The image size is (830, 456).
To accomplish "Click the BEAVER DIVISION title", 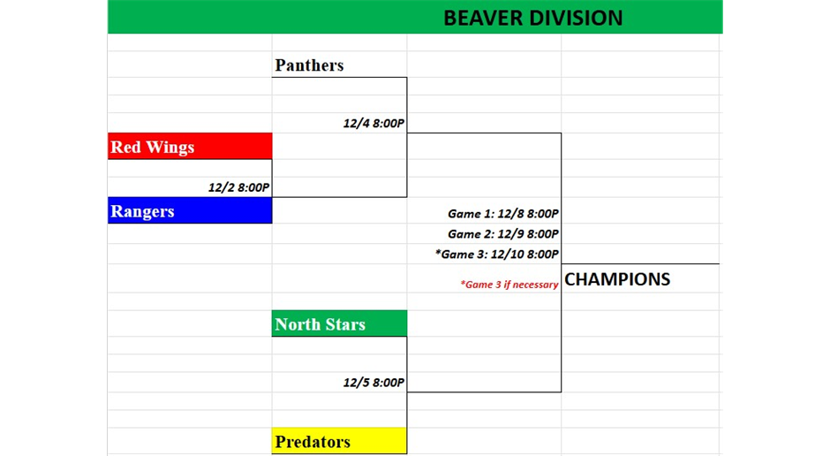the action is pyautogui.click(x=533, y=18).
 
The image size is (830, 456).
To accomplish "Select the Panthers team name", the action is pyautogui.click(x=309, y=65).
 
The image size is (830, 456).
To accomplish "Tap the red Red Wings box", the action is pyautogui.click(x=190, y=146).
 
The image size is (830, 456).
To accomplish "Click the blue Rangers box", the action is pyautogui.click(x=190, y=211).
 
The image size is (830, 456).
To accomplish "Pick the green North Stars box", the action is pyautogui.click(x=339, y=323).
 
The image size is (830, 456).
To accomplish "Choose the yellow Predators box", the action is pyautogui.click(x=339, y=441).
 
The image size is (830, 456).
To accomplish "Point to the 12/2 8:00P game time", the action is pyautogui.click(x=238, y=187).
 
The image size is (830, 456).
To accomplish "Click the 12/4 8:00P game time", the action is pyautogui.click(x=373, y=124).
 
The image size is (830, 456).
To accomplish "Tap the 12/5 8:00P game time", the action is pyautogui.click(x=373, y=383).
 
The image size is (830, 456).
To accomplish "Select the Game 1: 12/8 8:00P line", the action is pyautogui.click(x=503, y=214).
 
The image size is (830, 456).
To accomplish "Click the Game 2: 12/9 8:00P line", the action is pyautogui.click(x=503, y=233).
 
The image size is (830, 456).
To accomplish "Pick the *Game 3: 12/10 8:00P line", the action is pyautogui.click(x=496, y=255).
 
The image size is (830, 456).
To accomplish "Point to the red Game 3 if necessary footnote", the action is pyautogui.click(x=509, y=285).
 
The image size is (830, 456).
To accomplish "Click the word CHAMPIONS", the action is pyautogui.click(x=617, y=279).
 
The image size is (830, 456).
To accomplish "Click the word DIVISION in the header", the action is pyautogui.click(x=577, y=18).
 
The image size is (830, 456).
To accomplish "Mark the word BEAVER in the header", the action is pyautogui.click(x=485, y=18).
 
